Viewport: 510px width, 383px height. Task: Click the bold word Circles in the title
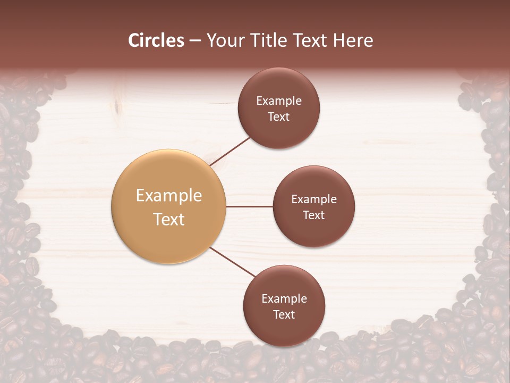156,40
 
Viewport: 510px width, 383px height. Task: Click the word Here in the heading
353,40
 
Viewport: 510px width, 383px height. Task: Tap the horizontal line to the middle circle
249,206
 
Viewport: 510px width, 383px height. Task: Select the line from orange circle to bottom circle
232,262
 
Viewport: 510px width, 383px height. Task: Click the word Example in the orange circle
168,196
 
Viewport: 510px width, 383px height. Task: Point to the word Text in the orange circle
168,219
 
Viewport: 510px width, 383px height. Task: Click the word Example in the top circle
278,101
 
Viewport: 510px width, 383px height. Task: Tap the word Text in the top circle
278,117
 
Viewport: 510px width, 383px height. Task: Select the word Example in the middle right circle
313,199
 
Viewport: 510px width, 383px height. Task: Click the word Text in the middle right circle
313,215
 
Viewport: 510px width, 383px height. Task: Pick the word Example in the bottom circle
284,299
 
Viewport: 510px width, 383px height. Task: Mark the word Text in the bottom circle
284,315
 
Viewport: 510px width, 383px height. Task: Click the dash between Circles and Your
195,40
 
